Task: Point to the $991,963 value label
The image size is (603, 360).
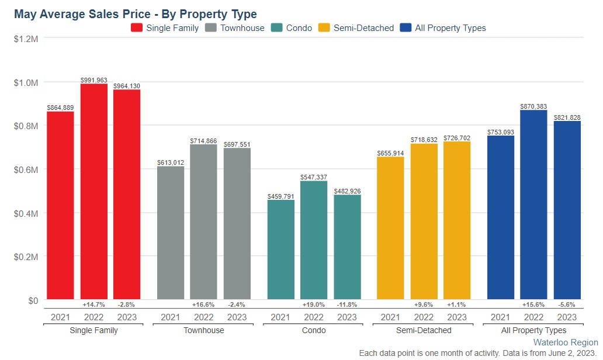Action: (x=94, y=79)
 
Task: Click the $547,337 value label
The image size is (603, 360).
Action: (x=314, y=176)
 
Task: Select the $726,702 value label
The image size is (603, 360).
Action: (x=457, y=137)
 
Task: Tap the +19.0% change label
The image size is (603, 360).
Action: (x=314, y=304)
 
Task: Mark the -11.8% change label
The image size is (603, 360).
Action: (x=347, y=304)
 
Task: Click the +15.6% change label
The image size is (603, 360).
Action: (x=533, y=304)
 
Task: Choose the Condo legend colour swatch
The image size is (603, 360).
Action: (x=278, y=27)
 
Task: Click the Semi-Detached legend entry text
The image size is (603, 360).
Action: (x=363, y=27)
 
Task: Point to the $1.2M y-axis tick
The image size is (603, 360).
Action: (x=26, y=39)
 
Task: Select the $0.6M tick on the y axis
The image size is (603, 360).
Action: (x=26, y=169)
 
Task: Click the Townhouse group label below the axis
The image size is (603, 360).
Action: (x=203, y=330)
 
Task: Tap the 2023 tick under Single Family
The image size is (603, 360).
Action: (x=127, y=317)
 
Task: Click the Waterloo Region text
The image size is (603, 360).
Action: (x=566, y=342)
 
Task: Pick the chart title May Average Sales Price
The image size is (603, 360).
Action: (x=135, y=13)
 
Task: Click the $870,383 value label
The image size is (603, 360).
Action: (x=533, y=106)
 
